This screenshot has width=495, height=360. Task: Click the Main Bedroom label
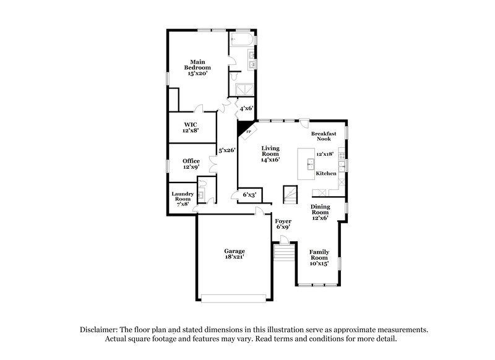tap(197, 67)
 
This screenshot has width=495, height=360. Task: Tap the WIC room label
tap(190, 127)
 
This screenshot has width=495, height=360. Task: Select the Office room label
tap(191, 164)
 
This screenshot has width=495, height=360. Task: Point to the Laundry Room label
tap(183, 199)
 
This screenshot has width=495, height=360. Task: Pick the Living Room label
tap(270, 154)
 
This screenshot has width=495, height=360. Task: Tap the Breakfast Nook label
tap(324, 136)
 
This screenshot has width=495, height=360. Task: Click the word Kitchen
tap(326, 174)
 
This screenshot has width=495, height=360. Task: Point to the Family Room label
tap(319, 257)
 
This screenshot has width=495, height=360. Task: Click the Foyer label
tap(283, 224)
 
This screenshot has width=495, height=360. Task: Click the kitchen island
tap(306, 163)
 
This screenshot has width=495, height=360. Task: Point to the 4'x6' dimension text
tap(246, 108)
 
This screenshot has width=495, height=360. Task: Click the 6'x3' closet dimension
tap(249, 195)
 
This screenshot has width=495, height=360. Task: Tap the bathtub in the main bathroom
tap(242, 40)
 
